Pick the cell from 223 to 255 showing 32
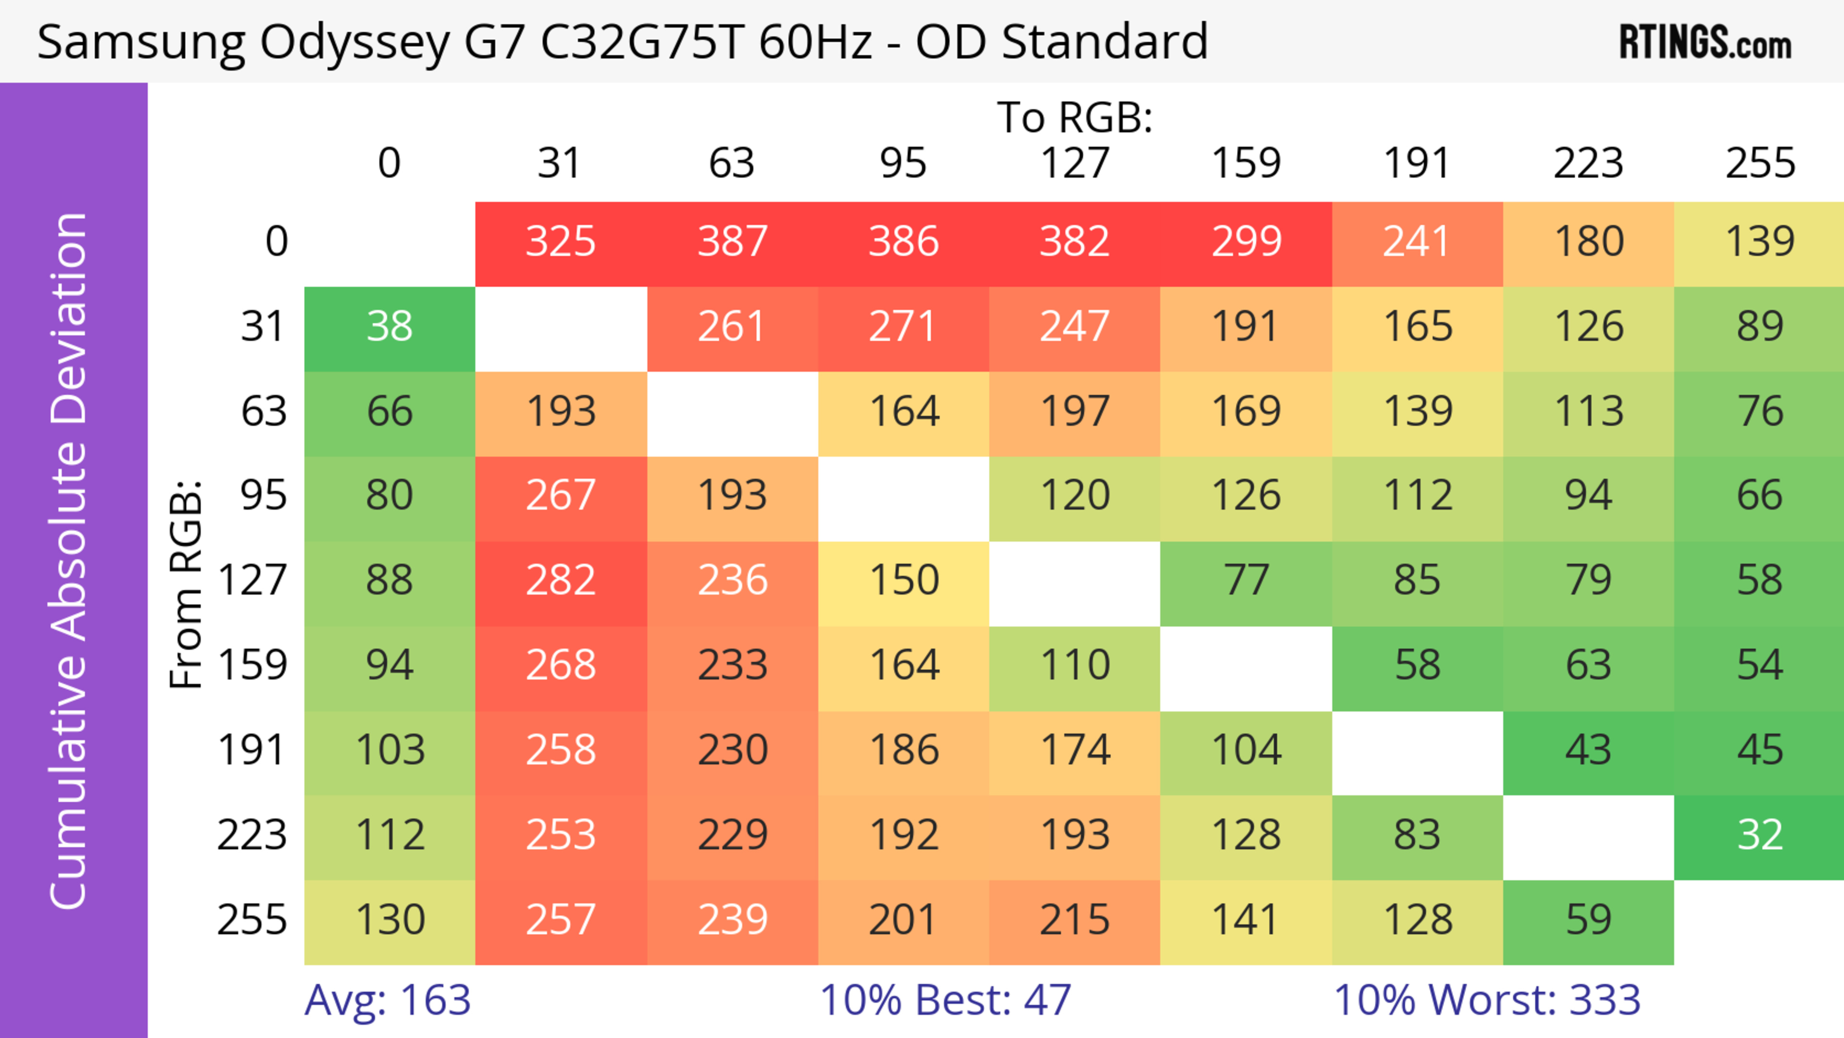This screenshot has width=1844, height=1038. pyautogui.click(x=1759, y=835)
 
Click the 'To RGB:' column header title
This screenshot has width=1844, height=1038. pyautogui.click(x=1075, y=117)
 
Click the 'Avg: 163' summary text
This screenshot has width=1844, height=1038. pyautogui.click(x=387, y=1000)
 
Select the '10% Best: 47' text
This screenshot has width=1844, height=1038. pyautogui.click(x=945, y=1000)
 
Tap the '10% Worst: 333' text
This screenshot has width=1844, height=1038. pyautogui.click(x=1487, y=1000)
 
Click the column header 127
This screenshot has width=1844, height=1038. pyautogui.click(x=1075, y=163)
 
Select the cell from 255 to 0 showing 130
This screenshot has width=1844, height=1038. pyautogui.click(x=389, y=920)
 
